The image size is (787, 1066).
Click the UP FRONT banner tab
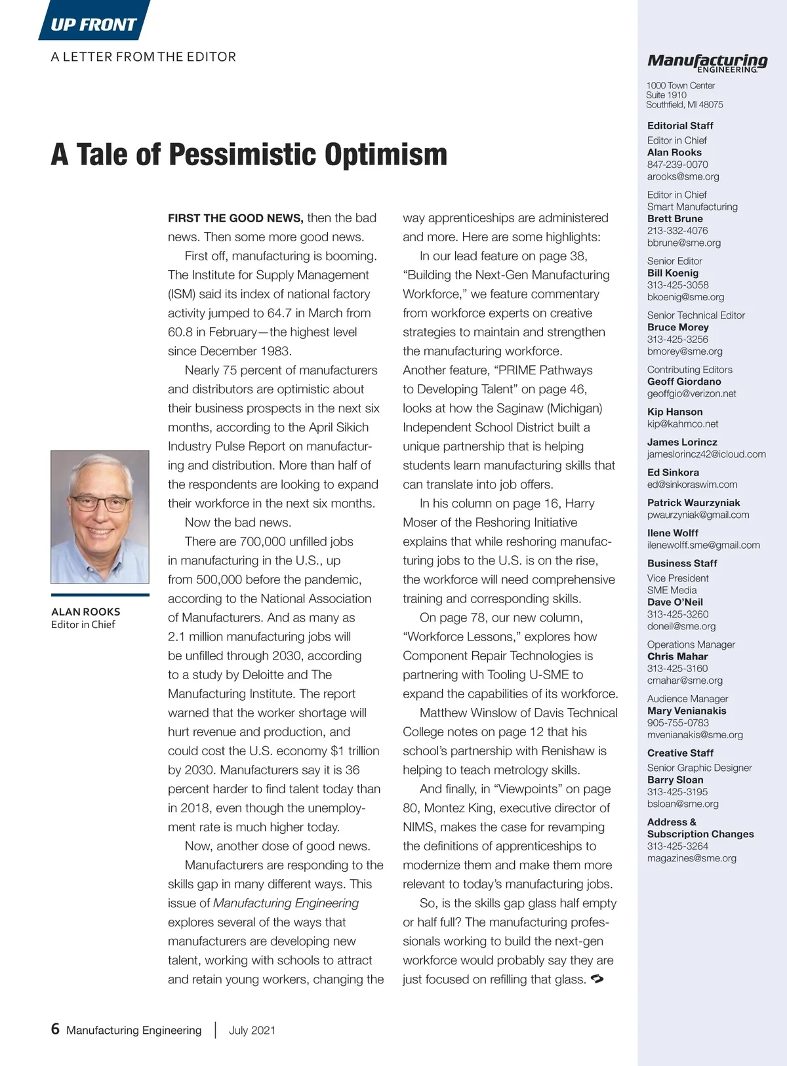click(94, 24)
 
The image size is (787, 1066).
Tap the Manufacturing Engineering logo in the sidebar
click(707, 62)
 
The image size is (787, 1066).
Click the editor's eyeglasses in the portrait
click(100, 503)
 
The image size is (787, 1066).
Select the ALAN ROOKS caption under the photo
click(86, 612)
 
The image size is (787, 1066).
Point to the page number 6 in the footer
click(55, 1029)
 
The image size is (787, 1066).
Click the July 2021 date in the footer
click(252, 1030)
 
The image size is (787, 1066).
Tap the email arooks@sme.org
click(683, 176)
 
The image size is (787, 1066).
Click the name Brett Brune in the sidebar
click(675, 218)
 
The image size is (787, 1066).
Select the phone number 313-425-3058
click(677, 285)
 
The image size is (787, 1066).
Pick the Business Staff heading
click(682, 563)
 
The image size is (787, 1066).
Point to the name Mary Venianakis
click(687, 711)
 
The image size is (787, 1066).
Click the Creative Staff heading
click(680, 753)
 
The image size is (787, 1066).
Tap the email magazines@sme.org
click(691, 858)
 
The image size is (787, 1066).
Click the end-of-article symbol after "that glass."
click(597, 979)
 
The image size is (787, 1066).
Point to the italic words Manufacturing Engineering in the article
click(286, 903)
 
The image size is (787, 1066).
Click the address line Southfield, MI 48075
click(685, 104)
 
